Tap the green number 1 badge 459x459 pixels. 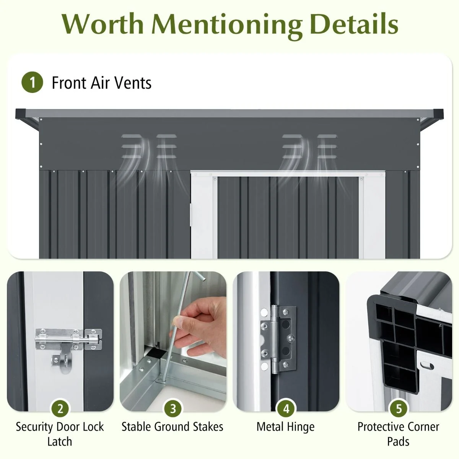[32, 83]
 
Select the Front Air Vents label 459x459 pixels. [101, 83]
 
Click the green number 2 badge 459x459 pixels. [60, 409]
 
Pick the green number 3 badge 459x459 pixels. [173, 409]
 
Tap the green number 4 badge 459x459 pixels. [286, 409]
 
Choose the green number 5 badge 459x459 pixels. [399, 409]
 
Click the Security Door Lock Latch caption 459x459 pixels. [60, 434]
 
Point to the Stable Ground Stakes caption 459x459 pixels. [173, 426]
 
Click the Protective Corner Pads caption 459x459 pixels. [398, 434]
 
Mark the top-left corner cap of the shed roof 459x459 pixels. [20, 114]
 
